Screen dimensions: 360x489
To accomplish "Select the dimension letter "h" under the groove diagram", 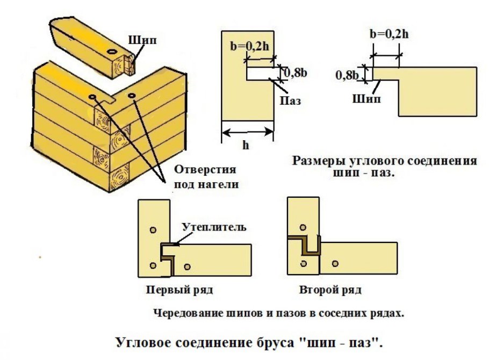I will (246, 145).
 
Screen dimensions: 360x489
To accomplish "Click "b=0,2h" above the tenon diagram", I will (390, 34).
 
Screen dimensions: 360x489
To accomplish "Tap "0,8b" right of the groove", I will (293, 71).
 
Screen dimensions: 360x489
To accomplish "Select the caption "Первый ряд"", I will (180, 290).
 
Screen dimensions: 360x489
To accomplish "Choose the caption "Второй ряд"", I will (330, 290).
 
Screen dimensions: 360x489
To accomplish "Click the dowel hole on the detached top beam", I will (111, 51).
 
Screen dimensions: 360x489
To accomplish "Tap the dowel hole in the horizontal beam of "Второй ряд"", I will (335, 263).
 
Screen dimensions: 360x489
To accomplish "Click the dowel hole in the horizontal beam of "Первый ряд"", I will (187, 267).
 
